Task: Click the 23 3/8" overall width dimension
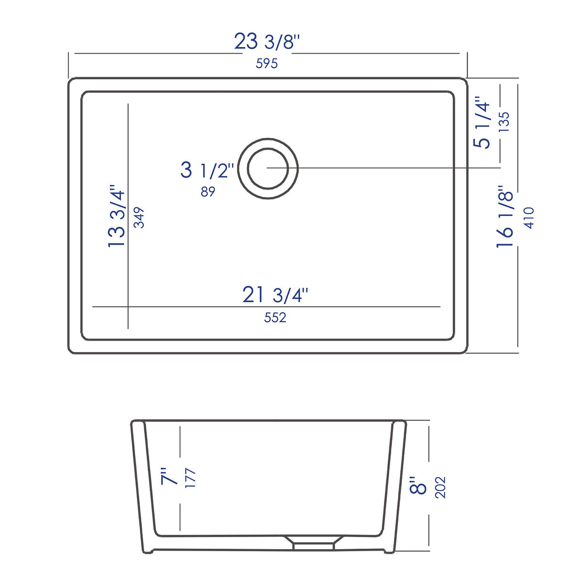point(267,42)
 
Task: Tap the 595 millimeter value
point(266,63)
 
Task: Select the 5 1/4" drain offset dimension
point(482,123)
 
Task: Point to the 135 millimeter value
point(504,122)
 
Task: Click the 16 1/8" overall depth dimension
point(504,217)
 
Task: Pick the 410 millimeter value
point(529,217)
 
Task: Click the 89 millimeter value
point(208,191)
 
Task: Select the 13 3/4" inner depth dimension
point(116,216)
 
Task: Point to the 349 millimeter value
point(139,217)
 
